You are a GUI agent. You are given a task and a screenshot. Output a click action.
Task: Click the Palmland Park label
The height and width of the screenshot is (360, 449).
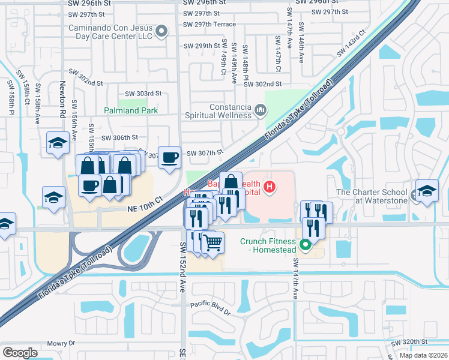pyautogui.click(x=130, y=111)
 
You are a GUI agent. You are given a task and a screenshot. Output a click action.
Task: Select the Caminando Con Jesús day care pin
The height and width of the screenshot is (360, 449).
pyautogui.click(x=161, y=31)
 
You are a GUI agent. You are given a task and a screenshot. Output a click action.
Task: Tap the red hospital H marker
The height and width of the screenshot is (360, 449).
pyautogui.click(x=270, y=187)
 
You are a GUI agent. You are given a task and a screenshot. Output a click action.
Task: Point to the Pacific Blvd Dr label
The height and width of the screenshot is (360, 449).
pyautogui.click(x=211, y=308)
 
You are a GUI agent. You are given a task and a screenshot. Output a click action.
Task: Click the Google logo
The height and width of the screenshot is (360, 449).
pyautogui.click(x=20, y=353)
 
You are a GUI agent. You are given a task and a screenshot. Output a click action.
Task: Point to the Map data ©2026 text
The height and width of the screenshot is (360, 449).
pyautogui.click(x=423, y=355)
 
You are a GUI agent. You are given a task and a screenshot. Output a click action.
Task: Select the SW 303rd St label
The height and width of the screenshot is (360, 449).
pyautogui.click(x=143, y=94)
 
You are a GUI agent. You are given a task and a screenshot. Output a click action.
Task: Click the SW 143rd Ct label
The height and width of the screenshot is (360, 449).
pyautogui.click(x=351, y=43)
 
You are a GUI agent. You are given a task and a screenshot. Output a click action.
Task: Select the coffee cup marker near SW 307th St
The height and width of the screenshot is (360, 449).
pyautogui.click(x=169, y=157)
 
